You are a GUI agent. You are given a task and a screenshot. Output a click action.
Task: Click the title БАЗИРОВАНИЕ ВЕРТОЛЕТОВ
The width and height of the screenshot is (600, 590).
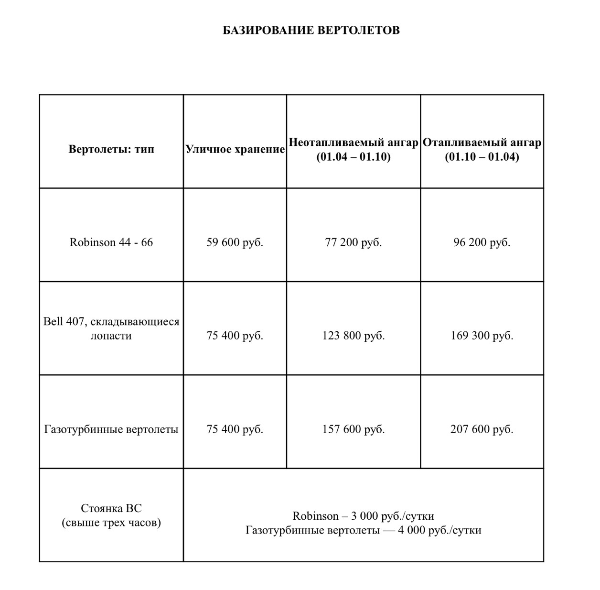coord(311,31)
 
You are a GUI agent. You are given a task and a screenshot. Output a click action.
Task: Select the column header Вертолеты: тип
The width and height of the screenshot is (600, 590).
coord(111,149)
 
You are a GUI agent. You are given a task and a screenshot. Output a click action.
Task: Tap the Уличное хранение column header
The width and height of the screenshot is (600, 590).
coord(235,149)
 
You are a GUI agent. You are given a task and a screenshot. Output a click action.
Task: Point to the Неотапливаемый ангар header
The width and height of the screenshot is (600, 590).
coord(354,142)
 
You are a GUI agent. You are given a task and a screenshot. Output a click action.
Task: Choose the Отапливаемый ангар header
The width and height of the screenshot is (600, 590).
coord(482,142)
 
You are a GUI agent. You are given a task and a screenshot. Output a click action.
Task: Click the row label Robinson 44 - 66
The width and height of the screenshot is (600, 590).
coord(111,242)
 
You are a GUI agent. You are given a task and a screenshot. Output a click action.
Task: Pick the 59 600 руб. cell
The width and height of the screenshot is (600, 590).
coord(235,242)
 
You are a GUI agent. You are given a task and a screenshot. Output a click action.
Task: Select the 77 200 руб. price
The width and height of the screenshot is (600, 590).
coord(354,242)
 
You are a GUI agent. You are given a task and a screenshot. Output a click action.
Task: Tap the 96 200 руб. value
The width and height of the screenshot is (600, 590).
coord(482,242)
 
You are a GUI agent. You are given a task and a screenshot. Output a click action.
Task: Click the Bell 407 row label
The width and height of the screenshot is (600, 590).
coord(111,328)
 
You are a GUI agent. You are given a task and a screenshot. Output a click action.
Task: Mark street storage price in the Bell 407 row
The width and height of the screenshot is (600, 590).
coord(235,336)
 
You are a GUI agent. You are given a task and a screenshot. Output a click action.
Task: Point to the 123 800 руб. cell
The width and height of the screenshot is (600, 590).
coord(354,336)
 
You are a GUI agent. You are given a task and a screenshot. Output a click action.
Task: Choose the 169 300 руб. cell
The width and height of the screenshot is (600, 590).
coord(482,336)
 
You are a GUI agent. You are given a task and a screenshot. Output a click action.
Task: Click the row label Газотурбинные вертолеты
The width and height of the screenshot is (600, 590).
coord(111,429)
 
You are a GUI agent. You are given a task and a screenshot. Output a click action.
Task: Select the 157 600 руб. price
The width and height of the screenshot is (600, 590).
coord(354,429)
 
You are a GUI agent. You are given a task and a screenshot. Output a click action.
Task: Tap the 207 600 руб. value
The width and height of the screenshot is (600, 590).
coord(482,429)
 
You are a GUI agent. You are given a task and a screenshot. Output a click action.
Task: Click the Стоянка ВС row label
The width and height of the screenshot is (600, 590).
coord(111,515)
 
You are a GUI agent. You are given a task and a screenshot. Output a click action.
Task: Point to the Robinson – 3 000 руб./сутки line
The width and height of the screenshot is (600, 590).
coord(364,516)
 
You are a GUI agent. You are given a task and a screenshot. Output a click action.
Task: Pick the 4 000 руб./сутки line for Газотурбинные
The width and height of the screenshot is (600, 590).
coord(364,530)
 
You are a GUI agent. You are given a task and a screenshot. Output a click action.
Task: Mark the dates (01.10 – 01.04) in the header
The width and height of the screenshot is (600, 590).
coord(482,157)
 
